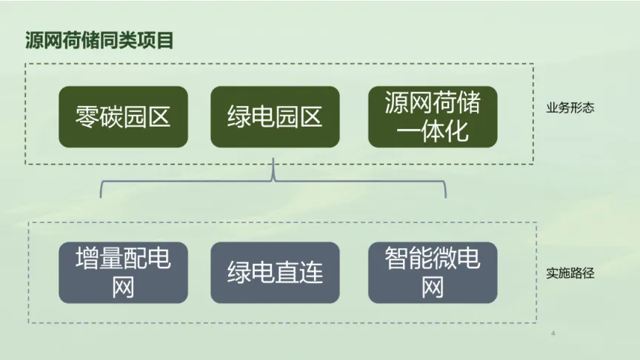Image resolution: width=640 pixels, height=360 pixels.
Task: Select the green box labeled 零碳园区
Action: [123, 117]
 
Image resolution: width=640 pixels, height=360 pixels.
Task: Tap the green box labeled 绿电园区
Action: [275, 117]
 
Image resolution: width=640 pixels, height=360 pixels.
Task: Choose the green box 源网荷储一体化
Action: [433, 117]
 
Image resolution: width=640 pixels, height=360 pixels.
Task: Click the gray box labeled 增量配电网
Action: [123, 273]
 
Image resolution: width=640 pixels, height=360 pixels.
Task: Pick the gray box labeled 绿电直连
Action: [275, 273]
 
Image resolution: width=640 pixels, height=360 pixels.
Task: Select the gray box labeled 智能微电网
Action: [433, 273]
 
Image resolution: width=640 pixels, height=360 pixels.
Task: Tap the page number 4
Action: [553, 335]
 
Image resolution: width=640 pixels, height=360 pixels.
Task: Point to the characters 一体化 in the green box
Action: [433, 131]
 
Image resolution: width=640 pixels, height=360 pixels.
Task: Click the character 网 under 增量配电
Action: [123, 287]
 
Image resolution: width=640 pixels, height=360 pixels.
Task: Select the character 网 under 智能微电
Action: [433, 287]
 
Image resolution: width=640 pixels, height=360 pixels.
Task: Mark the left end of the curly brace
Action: [101, 196]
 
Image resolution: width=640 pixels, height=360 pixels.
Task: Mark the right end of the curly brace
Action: [446, 196]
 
